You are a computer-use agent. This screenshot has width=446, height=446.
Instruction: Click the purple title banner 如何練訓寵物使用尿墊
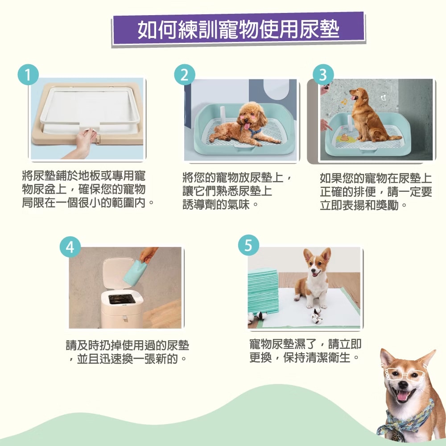click(x=239, y=29)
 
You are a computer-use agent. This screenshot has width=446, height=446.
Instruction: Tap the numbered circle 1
click(x=28, y=74)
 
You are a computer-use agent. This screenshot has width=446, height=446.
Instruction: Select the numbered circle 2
click(x=185, y=74)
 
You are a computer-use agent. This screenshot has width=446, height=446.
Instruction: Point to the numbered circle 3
click(x=323, y=74)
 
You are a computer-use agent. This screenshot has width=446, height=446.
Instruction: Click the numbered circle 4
click(x=70, y=247)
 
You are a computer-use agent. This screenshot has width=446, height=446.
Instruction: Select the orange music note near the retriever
click(x=344, y=102)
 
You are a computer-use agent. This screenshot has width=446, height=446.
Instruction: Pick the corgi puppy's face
click(x=317, y=265)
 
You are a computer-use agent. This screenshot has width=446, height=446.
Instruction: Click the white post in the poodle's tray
click(x=222, y=114)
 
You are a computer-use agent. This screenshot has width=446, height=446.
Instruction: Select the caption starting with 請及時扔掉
click(x=128, y=352)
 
